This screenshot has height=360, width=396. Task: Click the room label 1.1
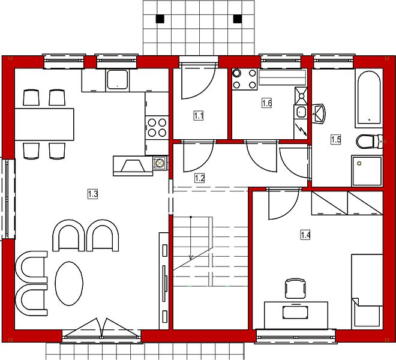point(199,116)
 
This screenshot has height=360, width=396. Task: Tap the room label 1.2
point(199,178)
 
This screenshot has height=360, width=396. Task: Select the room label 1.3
point(92,194)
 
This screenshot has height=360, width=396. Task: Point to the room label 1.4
point(305,235)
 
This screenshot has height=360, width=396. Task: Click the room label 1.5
point(336,139)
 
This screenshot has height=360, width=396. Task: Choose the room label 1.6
point(266,103)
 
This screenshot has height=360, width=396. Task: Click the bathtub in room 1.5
point(369,98)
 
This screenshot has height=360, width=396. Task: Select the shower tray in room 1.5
point(367,171)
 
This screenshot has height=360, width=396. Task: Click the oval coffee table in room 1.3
point(69,283)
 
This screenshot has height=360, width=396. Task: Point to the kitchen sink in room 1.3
point(117,80)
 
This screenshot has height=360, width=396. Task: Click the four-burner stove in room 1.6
point(244,79)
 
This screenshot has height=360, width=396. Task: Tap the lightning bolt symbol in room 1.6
point(301,130)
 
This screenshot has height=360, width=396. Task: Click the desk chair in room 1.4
point(295,289)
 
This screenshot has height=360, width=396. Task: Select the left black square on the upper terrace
point(160,19)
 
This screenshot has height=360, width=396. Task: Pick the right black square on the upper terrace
point(237,19)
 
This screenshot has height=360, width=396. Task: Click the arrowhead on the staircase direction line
point(191,257)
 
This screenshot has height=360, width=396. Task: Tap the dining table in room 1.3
point(44,124)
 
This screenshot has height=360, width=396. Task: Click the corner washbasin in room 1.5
point(319,113)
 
